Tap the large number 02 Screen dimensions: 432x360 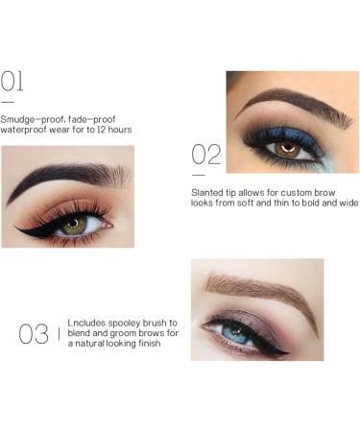tap(205, 154)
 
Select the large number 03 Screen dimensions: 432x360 tap(34, 334)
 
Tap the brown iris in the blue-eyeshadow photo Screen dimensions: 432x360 tap(286, 149)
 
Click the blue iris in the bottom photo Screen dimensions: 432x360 tap(234, 330)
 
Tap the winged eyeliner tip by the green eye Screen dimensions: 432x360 tap(17, 228)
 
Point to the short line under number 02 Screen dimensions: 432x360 tap(198, 175)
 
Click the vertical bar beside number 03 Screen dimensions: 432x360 tap(59, 333)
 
